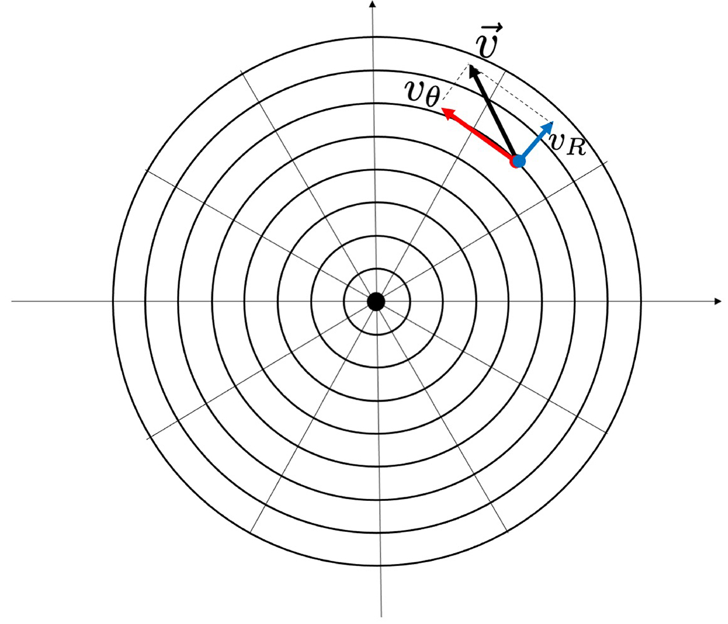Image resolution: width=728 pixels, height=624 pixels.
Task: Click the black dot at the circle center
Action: [376, 302]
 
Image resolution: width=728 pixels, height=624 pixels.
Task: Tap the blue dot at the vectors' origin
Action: [519, 162]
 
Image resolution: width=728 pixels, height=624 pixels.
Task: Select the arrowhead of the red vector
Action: [447, 113]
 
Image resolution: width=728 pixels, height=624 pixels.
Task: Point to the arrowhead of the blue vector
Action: [548, 126]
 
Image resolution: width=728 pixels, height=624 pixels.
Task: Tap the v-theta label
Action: [422, 93]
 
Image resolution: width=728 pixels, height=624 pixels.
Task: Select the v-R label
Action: [567, 145]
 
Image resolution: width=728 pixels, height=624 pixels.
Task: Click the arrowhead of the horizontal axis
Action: [718, 301]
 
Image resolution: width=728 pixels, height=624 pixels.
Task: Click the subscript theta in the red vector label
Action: [432, 97]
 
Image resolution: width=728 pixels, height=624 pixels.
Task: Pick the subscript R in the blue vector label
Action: [576, 147]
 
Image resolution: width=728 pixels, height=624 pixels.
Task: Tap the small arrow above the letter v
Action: [490, 27]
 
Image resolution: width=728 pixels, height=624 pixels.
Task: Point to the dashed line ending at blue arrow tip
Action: [510, 93]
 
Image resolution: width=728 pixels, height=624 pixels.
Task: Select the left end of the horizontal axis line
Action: [12, 301]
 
